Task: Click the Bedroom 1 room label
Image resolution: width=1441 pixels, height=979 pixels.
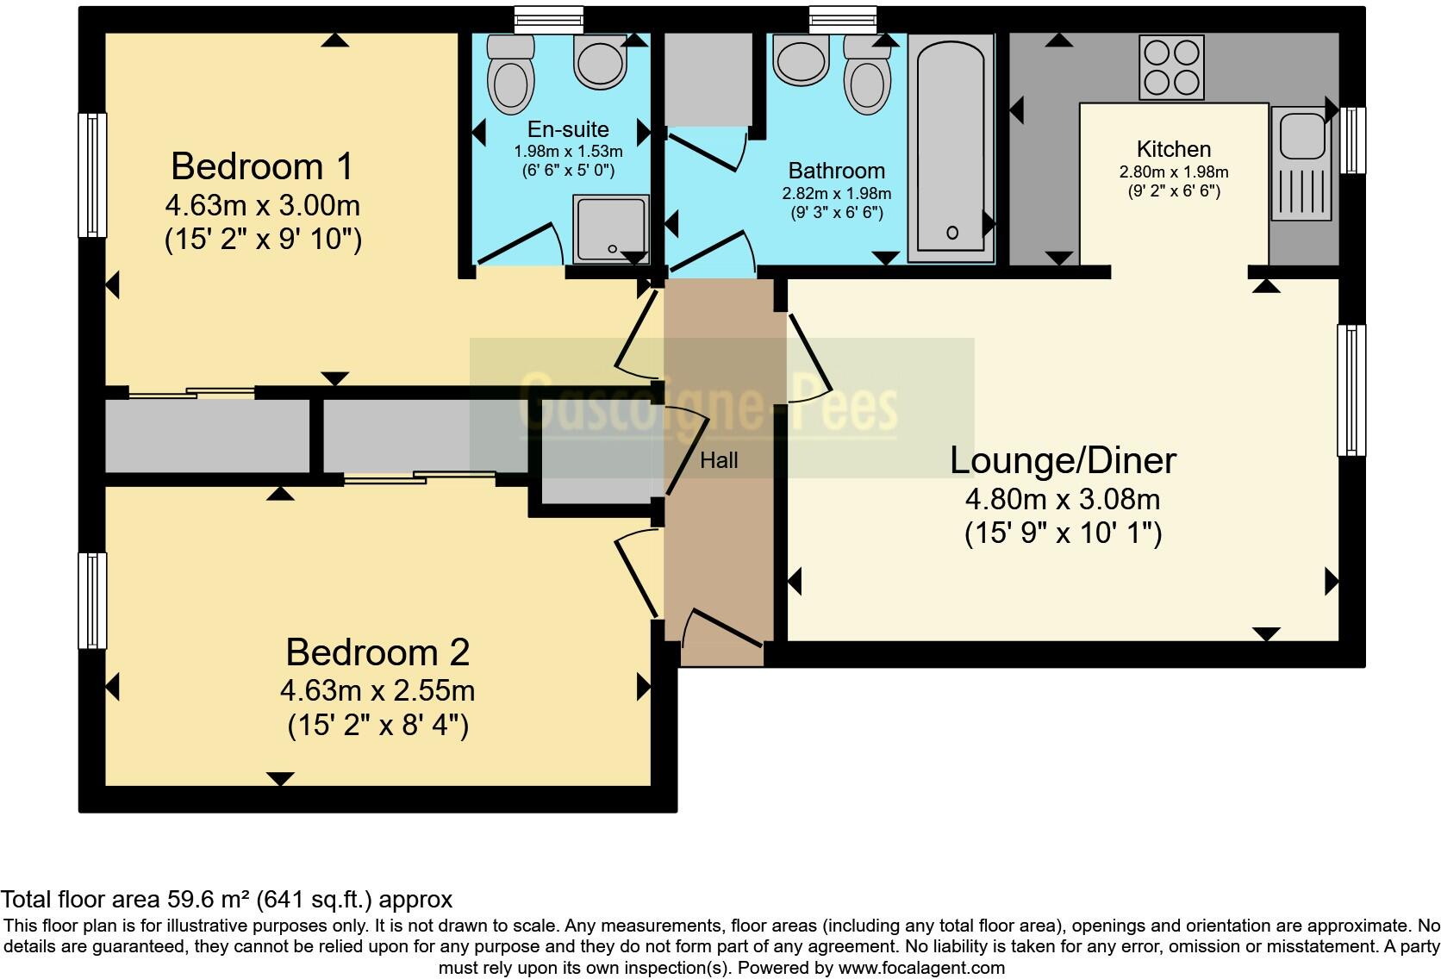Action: coord(262,166)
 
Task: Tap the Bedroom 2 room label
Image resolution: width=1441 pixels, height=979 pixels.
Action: coord(377,652)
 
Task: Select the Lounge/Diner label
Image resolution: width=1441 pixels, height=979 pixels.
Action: coord(1063,460)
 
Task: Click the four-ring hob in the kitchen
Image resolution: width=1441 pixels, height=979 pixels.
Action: coord(1171,67)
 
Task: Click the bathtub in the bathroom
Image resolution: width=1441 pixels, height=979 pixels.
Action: coord(951,147)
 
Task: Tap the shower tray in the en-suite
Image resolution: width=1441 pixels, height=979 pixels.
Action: coord(610,228)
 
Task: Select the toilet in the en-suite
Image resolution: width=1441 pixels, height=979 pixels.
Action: coord(510,76)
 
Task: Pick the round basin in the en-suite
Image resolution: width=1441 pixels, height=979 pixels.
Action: coord(600,63)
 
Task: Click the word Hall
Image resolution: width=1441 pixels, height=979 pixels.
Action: coord(719,460)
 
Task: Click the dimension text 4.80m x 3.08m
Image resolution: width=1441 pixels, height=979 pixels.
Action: coord(1063,499)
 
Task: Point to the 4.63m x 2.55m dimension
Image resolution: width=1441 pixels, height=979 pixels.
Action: coord(377,690)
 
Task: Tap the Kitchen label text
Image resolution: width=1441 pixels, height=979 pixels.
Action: coord(1173,149)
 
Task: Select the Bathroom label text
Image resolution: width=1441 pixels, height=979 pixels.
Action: coord(836,171)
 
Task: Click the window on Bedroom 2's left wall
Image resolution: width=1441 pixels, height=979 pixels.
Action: coord(92,600)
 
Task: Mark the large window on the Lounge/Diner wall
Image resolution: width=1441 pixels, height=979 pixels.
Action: coord(1351,390)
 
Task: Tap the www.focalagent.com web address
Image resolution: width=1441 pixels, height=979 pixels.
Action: coord(921,968)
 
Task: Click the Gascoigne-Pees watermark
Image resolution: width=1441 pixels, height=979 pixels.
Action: coord(708,402)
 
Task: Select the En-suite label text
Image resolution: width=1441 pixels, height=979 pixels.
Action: coord(568,129)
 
